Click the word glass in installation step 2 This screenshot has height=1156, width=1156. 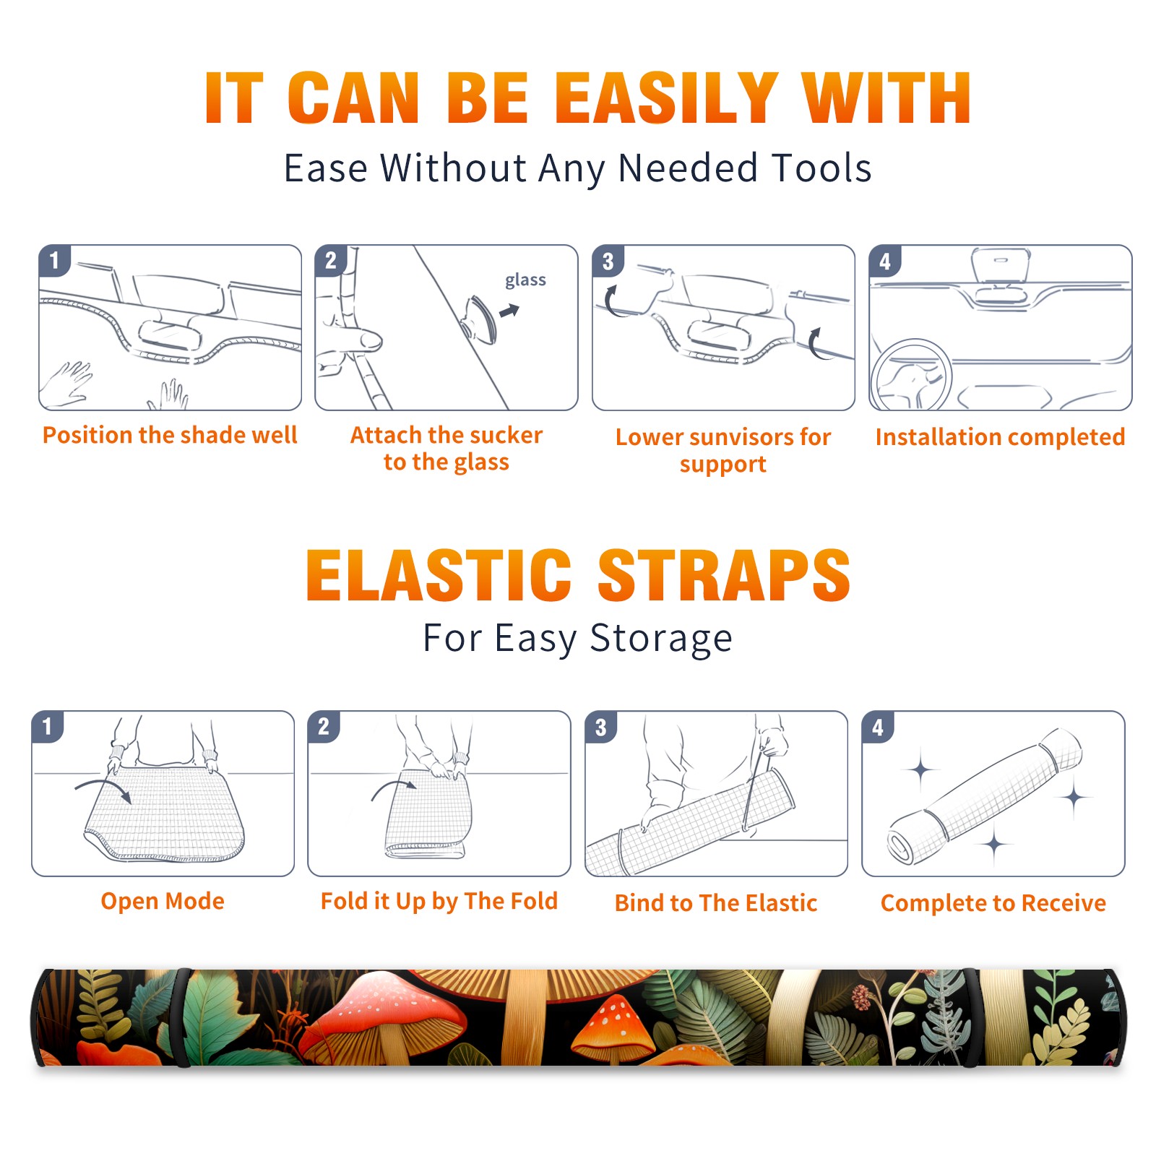525,280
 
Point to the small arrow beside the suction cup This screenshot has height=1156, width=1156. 510,311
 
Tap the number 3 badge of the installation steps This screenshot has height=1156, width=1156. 608,261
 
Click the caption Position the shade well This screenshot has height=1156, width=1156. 170,435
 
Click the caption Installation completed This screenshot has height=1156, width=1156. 1000,437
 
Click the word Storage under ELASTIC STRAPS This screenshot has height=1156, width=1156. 661,639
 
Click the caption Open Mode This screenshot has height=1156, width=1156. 163,901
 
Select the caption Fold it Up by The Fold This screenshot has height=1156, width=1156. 439,901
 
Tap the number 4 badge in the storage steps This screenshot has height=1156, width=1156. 878,727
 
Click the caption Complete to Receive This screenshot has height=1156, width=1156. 993,903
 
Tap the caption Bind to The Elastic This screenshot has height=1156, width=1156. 716,903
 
